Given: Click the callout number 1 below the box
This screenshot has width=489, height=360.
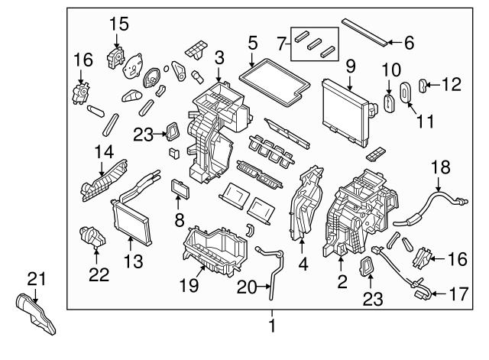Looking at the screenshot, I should click(271, 328).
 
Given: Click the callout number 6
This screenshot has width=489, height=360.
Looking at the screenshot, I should click(408, 44).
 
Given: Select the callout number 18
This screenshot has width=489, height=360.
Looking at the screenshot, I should click(439, 166).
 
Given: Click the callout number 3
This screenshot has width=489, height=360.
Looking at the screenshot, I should click(219, 57).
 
